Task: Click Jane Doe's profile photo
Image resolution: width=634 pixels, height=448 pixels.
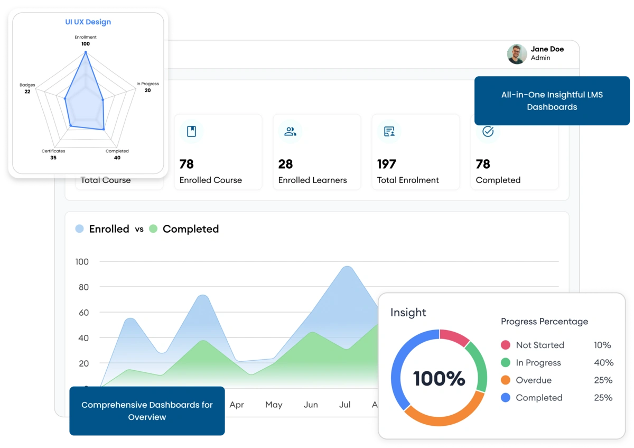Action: coord(517,54)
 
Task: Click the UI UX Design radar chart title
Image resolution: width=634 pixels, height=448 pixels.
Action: coord(88,22)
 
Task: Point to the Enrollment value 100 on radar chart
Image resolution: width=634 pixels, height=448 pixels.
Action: coord(86,44)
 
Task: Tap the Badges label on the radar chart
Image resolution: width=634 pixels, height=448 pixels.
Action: coord(27,85)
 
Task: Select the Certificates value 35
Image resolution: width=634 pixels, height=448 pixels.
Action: coord(53,158)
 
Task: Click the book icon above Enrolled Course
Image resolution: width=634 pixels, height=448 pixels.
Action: coord(191,132)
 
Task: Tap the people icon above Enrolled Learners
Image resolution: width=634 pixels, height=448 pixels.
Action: coord(290,132)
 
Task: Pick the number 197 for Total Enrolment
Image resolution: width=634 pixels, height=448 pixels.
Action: coord(387,164)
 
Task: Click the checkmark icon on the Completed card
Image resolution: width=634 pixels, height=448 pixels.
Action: coord(488,132)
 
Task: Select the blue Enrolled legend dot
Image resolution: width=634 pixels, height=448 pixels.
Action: coord(79,229)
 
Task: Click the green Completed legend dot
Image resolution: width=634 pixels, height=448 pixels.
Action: coord(153,229)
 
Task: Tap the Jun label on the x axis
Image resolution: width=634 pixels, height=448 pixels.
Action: coord(311,405)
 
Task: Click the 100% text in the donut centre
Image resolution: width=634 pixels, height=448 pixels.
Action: coord(439,378)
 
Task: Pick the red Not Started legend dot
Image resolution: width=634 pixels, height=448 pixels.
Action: coord(506,345)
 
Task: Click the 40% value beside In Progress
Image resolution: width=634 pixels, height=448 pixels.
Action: coord(603,363)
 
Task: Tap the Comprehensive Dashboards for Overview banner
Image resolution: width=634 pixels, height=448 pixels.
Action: coord(147,411)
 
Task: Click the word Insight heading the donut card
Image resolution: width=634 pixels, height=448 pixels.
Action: coord(408,313)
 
